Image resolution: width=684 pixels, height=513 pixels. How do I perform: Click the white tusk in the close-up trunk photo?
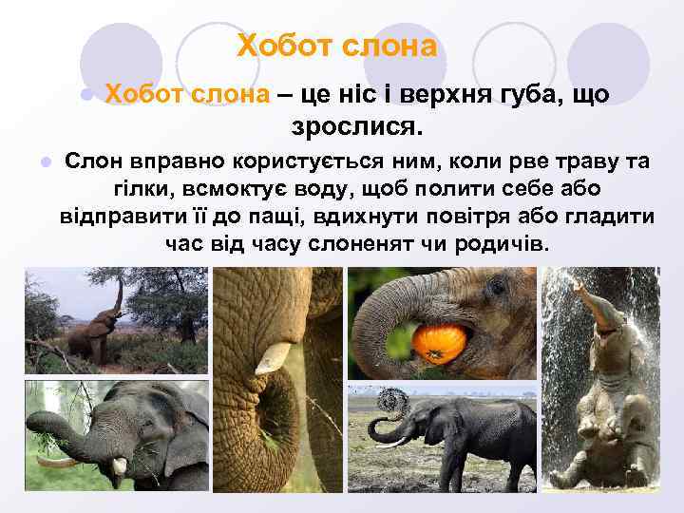click(272, 355)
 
